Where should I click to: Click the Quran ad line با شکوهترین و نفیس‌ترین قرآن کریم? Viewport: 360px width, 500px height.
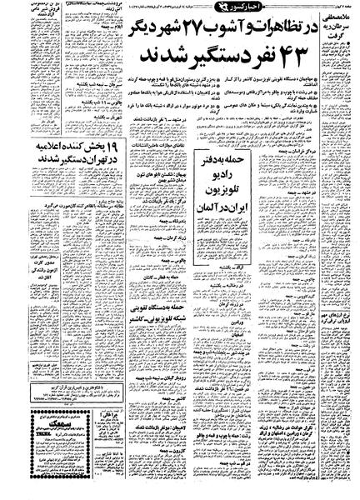click(75, 421)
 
